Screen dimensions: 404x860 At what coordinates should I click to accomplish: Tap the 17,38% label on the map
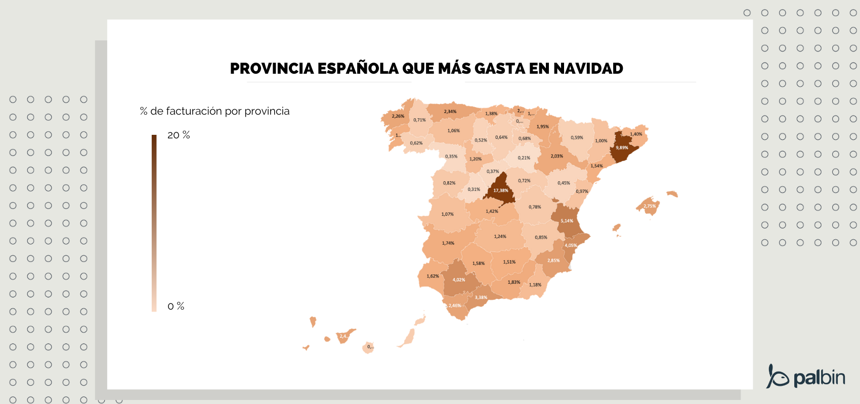[501, 190]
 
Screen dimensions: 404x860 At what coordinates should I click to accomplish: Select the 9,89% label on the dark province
[622, 148]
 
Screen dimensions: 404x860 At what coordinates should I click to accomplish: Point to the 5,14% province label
[567, 221]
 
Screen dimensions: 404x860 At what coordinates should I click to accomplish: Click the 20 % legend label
[179, 135]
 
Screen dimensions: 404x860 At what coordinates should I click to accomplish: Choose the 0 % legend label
[176, 306]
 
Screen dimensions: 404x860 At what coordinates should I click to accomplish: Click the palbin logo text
[819, 377]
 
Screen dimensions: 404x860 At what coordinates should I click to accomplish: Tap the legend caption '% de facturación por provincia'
[214, 111]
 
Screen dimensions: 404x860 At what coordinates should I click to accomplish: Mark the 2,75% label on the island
[650, 206]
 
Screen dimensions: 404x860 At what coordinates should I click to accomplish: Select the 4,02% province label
[458, 280]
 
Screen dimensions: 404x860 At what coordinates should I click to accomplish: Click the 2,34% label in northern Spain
[450, 112]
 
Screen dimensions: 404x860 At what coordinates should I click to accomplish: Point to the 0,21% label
[524, 158]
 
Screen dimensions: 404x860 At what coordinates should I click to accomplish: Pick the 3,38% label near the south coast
[481, 297]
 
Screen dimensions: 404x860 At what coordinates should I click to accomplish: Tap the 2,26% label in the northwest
[398, 116]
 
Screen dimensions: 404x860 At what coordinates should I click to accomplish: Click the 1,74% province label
[448, 243]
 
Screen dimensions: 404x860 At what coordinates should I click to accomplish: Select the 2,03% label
[556, 156]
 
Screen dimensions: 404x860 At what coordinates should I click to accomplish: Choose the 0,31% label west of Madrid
[474, 189]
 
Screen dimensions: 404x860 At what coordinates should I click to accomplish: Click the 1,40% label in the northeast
[636, 134]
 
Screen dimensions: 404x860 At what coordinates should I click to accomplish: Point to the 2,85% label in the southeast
[553, 261]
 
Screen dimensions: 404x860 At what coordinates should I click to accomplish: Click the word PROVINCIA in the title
[272, 69]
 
